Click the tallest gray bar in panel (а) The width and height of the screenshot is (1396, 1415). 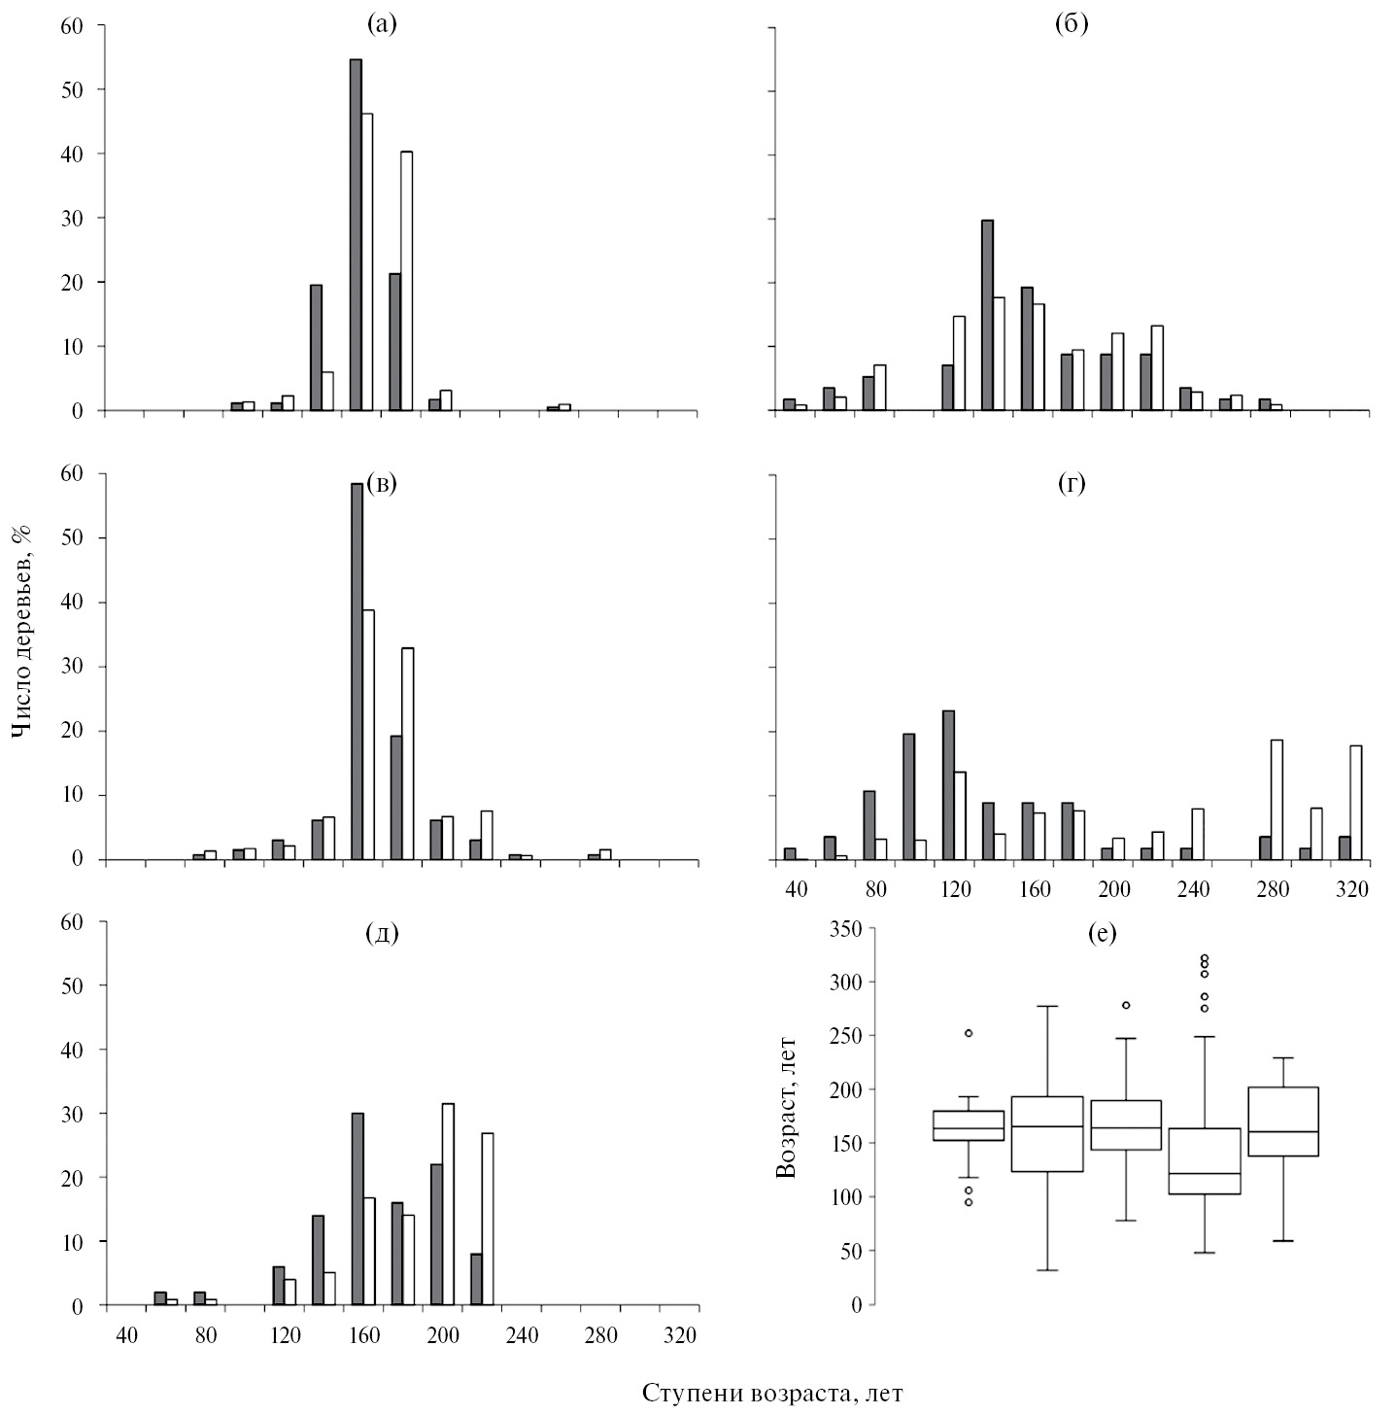click(x=356, y=233)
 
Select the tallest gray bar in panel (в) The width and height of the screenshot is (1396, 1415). click(x=357, y=671)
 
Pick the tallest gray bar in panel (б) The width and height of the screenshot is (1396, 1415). click(x=987, y=315)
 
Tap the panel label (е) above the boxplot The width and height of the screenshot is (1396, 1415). click(x=1103, y=934)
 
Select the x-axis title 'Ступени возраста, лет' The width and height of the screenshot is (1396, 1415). click(x=772, y=1393)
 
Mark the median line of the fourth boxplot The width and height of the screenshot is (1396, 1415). click(x=1204, y=1173)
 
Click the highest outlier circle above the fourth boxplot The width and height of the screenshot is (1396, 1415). click(x=1205, y=957)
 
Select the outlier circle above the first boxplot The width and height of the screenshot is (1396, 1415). click(x=969, y=1033)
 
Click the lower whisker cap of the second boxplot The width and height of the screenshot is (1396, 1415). click(x=1047, y=1270)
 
